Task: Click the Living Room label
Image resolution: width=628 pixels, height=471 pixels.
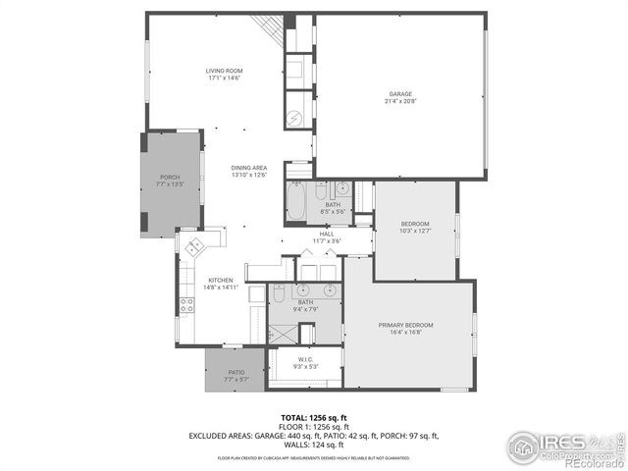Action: [225, 71]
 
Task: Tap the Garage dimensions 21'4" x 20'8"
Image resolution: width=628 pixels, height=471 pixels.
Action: [400, 102]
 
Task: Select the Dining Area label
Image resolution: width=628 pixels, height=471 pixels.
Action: [249, 168]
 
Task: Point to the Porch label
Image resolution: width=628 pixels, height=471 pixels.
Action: [170, 177]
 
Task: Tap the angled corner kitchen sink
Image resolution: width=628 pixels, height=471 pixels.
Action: [193, 245]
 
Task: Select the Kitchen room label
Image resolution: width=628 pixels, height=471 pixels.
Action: [220, 281]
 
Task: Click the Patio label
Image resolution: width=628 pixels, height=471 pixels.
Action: [235, 372]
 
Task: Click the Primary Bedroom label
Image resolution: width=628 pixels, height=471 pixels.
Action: [406, 325]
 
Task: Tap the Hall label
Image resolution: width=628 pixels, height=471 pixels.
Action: [326, 234]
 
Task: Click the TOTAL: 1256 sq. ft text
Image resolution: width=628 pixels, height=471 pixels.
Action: [314, 417]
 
